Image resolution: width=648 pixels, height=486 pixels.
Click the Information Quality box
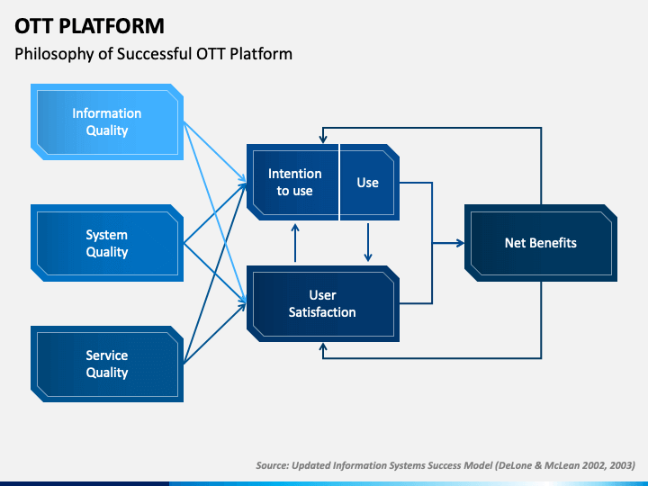pyautogui.click(x=107, y=121)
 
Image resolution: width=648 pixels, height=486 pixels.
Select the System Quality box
pyautogui.click(x=107, y=243)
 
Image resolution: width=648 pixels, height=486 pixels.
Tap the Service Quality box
pyautogui.click(x=107, y=364)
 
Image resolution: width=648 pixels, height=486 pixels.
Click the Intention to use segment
pyautogui.click(x=293, y=182)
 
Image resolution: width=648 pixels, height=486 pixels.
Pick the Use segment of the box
pyautogui.click(x=369, y=182)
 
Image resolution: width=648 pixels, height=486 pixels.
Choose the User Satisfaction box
pyautogui.click(x=323, y=304)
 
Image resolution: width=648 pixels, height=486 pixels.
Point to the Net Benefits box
pyautogui.click(x=541, y=243)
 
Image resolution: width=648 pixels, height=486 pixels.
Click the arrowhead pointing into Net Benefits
pyautogui.click(x=460, y=243)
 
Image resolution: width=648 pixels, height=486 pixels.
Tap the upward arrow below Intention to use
pyautogui.click(x=295, y=243)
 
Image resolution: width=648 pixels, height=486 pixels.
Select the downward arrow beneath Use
pyautogui.click(x=368, y=243)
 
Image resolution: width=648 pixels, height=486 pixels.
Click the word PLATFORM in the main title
pyautogui.click(x=112, y=26)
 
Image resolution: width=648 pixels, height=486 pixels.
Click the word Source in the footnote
pyautogui.click(x=272, y=465)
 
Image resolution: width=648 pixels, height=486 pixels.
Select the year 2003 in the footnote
pyautogui.click(x=622, y=465)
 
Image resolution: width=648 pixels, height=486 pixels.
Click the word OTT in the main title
pyautogui.click(x=34, y=26)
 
